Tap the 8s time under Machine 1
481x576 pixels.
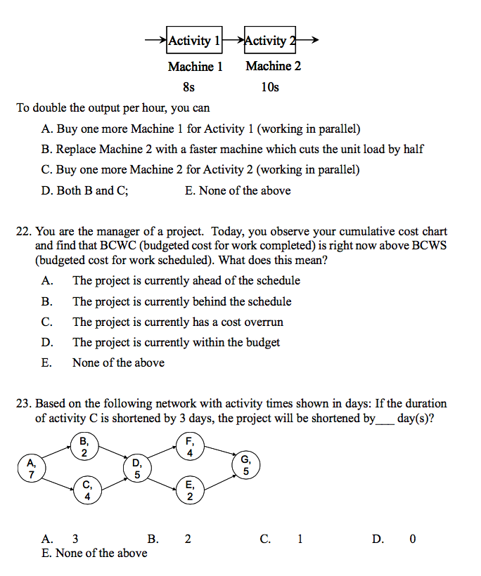[x=188, y=87]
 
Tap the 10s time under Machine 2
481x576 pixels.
[x=269, y=87]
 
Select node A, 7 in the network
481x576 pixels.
[x=30, y=468]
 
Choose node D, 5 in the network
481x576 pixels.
[x=137, y=468]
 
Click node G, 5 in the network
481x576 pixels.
[x=245, y=466]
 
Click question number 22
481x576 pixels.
[x=23, y=231]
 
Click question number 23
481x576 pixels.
[x=23, y=403]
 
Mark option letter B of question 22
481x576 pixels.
[x=46, y=301]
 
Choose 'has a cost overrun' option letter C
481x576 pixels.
[x=46, y=322]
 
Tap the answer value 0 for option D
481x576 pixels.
[x=412, y=539]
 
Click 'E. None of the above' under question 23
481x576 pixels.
[x=94, y=553]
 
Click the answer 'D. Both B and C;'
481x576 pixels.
[x=85, y=190]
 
